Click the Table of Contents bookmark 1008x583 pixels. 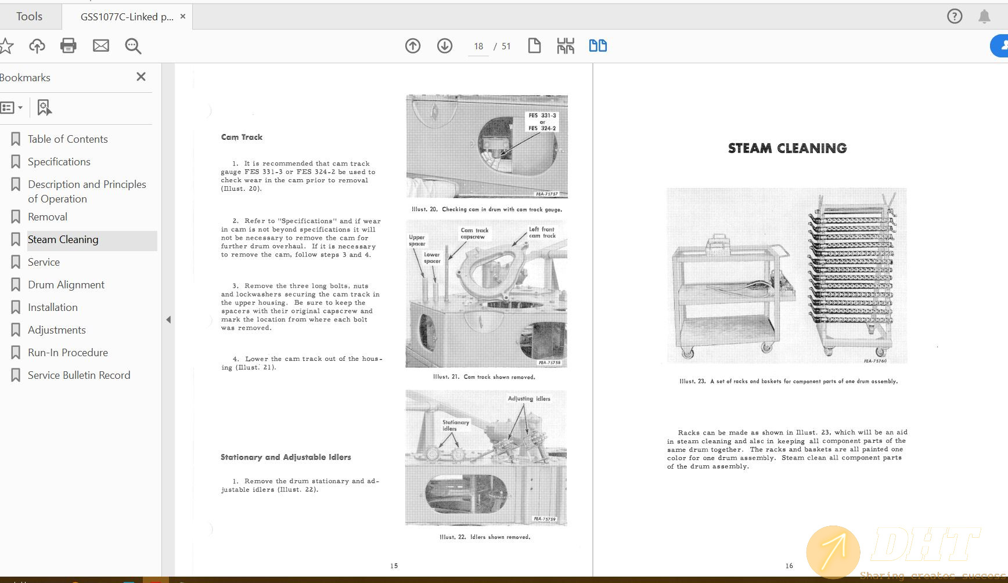[67, 139]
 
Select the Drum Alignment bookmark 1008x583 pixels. [66, 285]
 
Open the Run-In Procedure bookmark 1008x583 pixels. [67, 353]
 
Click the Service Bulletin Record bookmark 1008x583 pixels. [79, 375]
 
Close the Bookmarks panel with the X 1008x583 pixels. [141, 77]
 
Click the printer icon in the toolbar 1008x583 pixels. [69, 46]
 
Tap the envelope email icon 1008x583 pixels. [101, 46]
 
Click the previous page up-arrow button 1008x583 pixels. [413, 46]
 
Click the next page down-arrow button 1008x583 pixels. [445, 46]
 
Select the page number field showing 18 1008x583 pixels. [478, 46]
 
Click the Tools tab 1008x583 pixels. [29, 16]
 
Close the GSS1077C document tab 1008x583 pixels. [183, 16]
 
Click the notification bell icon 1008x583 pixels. [984, 16]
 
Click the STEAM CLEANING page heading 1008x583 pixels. [787, 149]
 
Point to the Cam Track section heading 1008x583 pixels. [242, 137]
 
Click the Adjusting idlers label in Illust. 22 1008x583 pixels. [529, 399]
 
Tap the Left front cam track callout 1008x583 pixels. [542, 233]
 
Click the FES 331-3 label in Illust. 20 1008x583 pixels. [542, 115]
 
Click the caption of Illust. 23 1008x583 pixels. [789, 382]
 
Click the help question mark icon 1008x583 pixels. [955, 16]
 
